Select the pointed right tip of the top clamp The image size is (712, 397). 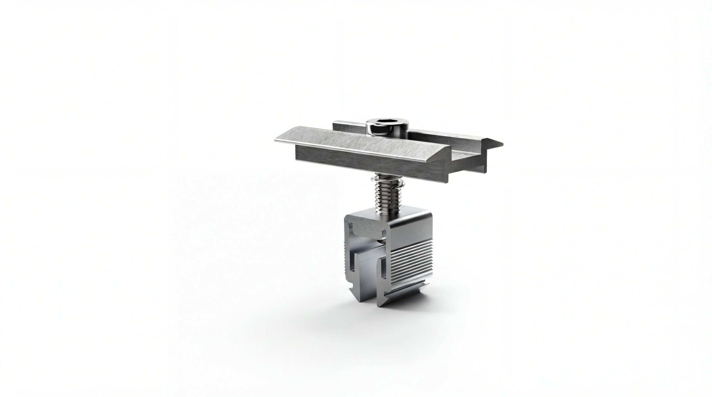pyautogui.click(x=500, y=144)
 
